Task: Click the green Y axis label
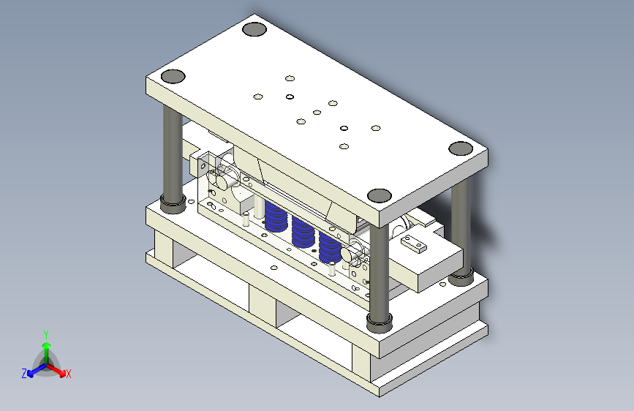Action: point(46,335)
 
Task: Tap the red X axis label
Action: point(68,374)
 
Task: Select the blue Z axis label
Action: point(24,374)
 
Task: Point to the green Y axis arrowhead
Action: point(47,345)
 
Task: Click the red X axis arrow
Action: point(56,369)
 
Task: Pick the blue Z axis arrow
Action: point(37,370)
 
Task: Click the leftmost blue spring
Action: point(276,216)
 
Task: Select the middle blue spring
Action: point(303,232)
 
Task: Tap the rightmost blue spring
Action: point(330,248)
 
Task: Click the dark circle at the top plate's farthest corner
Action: point(254,29)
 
